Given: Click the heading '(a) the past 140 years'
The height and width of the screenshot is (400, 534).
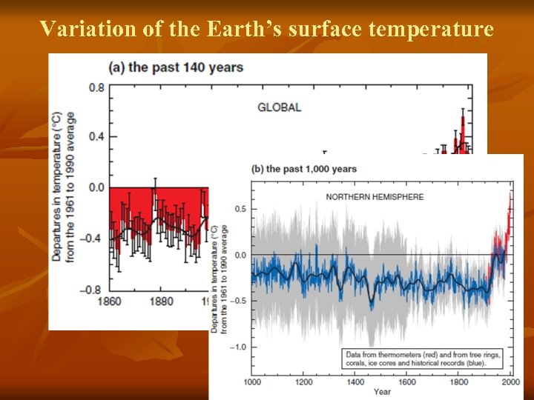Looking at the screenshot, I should click(x=177, y=67).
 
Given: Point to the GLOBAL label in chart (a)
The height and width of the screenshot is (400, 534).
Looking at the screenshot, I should click(x=279, y=107).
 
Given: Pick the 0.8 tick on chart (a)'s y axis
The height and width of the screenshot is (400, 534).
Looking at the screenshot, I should click(x=96, y=87).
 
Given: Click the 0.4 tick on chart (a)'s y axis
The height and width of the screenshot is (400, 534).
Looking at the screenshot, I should click(x=96, y=137).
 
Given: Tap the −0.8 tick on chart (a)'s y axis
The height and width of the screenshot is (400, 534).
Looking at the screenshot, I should click(x=93, y=288).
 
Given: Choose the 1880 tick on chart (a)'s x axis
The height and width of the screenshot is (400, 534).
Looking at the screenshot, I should click(x=161, y=301).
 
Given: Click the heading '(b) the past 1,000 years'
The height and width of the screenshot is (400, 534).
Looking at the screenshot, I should click(x=304, y=169).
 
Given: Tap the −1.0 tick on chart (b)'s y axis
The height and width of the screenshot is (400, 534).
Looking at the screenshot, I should click(x=239, y=347).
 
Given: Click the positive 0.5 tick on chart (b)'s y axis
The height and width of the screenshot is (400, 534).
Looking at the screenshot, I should click(x=241, y=209).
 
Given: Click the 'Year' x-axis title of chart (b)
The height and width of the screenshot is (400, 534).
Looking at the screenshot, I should click(x=382, y=391).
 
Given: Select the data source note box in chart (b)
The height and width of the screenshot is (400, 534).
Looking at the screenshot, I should click(x=422, y=359).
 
